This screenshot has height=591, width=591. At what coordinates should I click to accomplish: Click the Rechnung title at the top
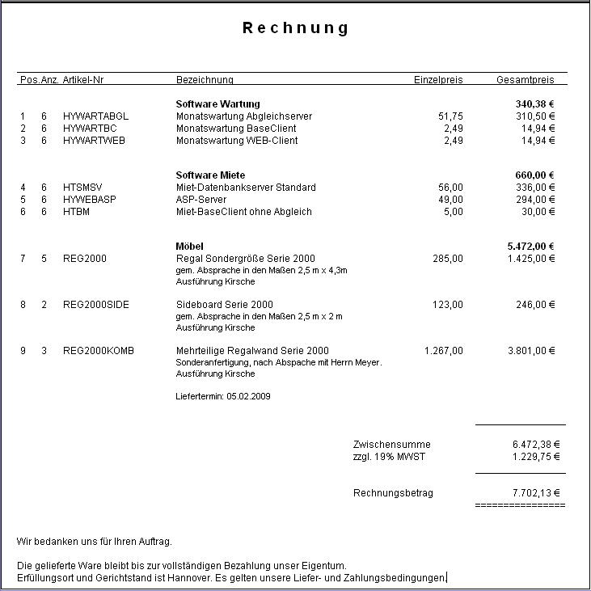[296, 28]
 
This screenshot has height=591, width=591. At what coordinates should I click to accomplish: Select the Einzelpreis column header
[438, 80]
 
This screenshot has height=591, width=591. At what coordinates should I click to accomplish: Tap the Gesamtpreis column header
[526, 80]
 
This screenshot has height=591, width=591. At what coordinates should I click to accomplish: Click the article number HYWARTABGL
[95, 116]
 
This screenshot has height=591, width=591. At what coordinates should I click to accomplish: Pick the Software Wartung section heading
[217, 104]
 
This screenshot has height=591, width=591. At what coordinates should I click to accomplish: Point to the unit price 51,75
[450, 116]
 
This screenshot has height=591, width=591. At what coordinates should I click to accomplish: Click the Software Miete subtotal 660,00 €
[535, 175]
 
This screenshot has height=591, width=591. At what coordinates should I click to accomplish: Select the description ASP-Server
[201, 200]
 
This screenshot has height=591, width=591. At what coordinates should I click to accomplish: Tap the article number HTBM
[76, 212]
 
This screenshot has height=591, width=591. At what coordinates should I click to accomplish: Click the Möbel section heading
[190, 246]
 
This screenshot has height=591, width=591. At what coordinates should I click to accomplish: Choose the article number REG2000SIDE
[96, 305]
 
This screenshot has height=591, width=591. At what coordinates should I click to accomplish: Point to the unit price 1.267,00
[444, 351]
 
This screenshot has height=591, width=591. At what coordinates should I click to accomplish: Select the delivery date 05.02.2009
[248, 397]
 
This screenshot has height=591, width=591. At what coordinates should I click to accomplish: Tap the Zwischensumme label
[392, 445]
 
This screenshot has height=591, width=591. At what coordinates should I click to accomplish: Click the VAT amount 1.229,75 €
[536, 457]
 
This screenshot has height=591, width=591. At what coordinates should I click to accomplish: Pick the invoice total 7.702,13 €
[536, 493]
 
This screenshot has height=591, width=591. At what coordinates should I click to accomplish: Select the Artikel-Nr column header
[83, 80]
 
